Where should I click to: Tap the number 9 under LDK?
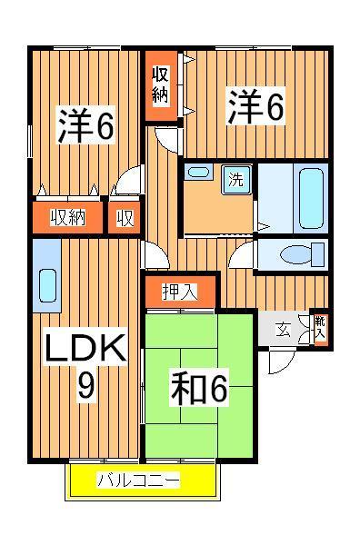click(85, 387)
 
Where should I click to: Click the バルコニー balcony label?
click(139, 481)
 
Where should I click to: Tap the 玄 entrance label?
click(283, 330)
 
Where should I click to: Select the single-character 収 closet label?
click(125, 217)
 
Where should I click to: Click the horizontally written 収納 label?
click(66, 217)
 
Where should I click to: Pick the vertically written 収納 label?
click(160, 84)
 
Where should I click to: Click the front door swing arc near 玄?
click(280, 364)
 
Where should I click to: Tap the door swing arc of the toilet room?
click(241, 255)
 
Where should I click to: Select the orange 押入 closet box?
click(181, 292)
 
